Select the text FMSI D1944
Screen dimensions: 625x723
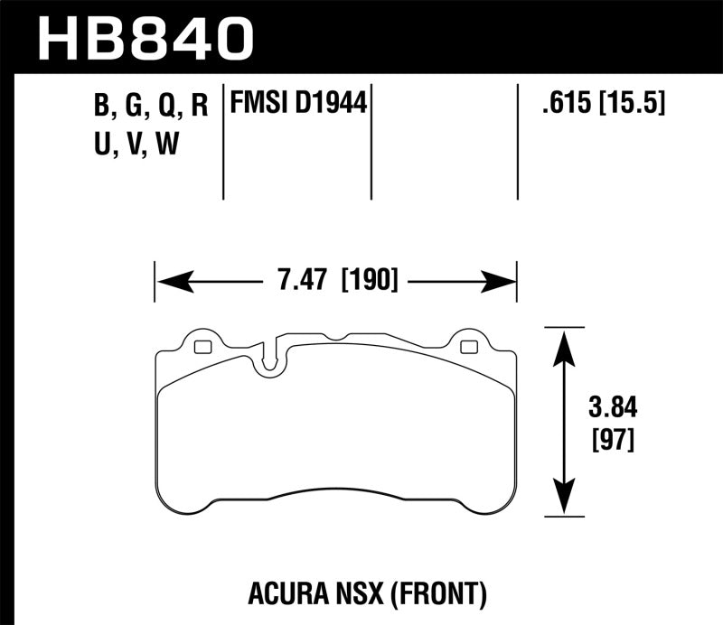coord(299,106)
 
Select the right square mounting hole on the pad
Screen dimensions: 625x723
coord(467,347)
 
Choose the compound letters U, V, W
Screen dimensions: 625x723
coord(135,143)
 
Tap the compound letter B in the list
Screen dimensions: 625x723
coord(100,107)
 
